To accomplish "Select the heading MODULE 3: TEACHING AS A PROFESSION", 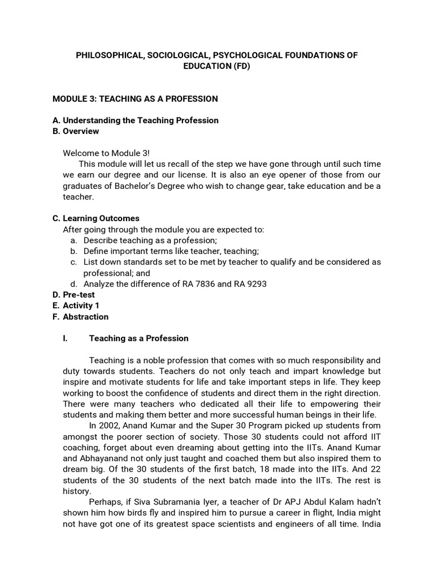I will [x=135, y=98].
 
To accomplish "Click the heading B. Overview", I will [x=75, y=131].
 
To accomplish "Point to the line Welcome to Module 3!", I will [x=107, y=153].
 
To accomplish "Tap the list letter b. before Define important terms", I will [x=73, y=251].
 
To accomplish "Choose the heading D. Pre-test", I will [x=73, y=295].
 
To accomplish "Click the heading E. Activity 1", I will [x=75, y=305].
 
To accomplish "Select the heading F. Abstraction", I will [x=80, y=317].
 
